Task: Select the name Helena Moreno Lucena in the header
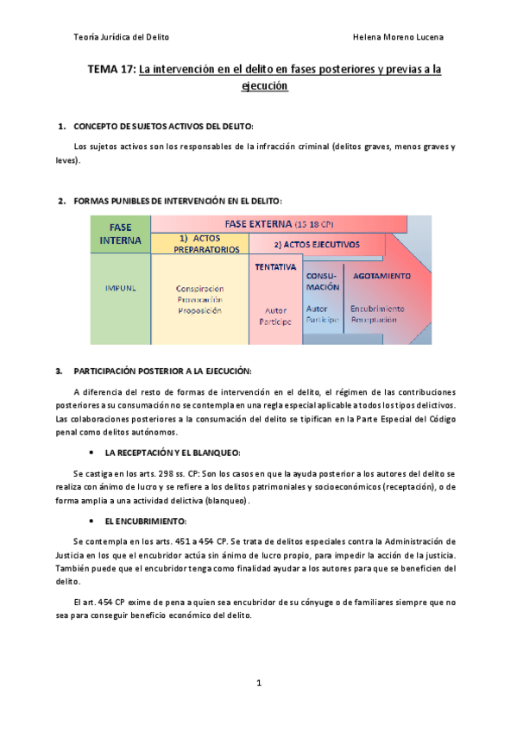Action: [398, 37]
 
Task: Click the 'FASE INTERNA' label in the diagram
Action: [120, 234]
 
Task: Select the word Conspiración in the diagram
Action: [199, 289]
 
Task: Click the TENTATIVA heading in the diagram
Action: [275, 267]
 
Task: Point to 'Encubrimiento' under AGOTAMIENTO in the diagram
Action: [377, 308]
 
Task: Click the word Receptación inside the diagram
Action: [375, 319]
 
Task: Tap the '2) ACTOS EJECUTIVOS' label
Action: [316, 244]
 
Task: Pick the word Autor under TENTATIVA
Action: [275, 310]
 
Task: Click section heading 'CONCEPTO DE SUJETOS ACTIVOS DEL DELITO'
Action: [163, 127]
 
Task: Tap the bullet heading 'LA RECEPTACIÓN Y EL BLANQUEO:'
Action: [172, 453]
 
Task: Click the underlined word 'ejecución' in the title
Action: [264, 86]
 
